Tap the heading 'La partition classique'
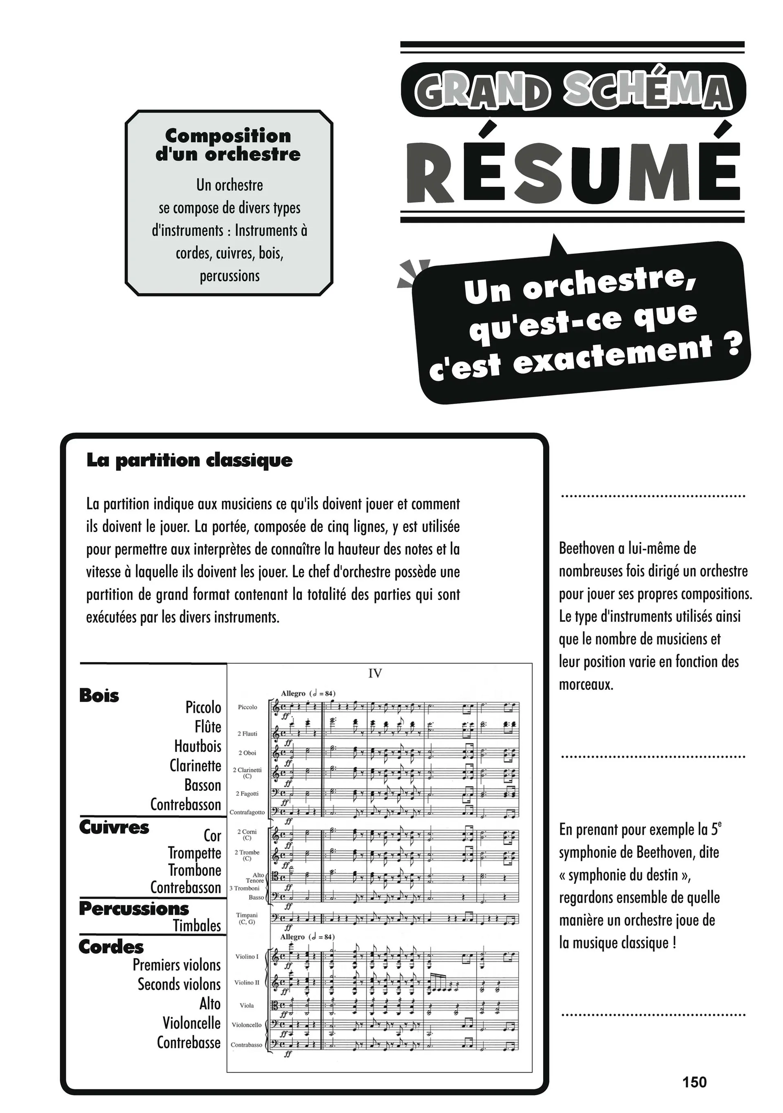click(x=189, y=460)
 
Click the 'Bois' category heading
click(x=99, y=696)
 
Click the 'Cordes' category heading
click(x=111, y=947)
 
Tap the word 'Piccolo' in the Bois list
click(x=203, y=707)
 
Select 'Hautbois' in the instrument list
click(x=198, y=746)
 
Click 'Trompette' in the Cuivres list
click(x=195, y=852)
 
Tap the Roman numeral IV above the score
click(x=375, y=674)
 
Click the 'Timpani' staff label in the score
click(x=247, y=918)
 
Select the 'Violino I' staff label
click(x=247, y=956)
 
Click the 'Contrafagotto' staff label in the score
click(x=247, y=812)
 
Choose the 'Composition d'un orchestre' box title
click(x=228, y=144)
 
